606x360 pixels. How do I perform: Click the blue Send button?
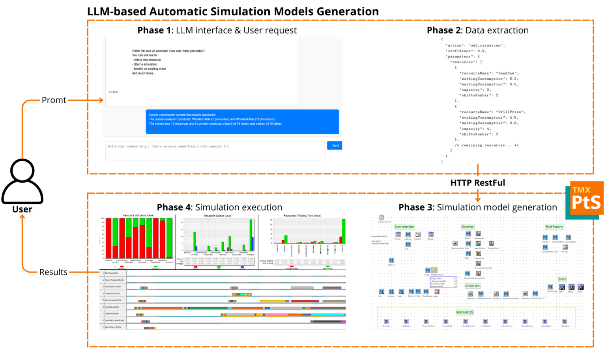335,145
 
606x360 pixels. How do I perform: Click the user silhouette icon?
22,181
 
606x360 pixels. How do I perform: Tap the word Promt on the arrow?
54,100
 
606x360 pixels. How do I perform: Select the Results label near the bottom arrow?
53,272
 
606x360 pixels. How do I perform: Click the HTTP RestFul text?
477,183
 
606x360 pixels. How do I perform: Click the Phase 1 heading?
217,30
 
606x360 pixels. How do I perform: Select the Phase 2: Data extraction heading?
477,30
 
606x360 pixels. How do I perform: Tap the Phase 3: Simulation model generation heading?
477,207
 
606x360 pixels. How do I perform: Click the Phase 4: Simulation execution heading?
219,207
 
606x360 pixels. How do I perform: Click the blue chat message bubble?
242,121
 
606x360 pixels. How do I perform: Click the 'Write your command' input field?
215,150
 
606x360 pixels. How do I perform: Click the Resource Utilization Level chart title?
138,216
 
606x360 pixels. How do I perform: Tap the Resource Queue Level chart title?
217,216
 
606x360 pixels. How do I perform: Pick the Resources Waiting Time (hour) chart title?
302,216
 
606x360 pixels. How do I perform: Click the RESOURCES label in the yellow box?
464,312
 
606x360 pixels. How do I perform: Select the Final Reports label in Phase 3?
554,227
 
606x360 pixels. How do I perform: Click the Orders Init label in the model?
472,286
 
